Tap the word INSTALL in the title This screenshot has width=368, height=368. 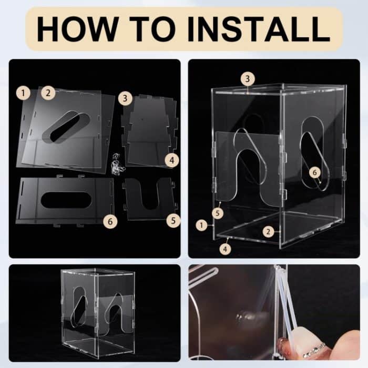tap(259, 29)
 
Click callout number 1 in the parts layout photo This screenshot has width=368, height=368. tap(23, 93)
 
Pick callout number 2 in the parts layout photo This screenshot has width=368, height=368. tap(48, 93)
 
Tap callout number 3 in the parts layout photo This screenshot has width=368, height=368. tap(125, 98)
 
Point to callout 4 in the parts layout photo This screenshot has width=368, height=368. tap(172, 160)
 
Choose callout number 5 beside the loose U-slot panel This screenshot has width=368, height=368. tap(173, 221)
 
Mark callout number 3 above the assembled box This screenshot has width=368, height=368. tap(248, 79)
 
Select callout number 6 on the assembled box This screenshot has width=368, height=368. tap(315, 173)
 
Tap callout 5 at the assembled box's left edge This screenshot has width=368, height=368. tap(218, 213)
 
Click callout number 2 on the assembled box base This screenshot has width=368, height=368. tap(269, 232)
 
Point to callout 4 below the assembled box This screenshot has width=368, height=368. tap(225, 249)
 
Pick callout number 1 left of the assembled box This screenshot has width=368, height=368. tap(201, 226)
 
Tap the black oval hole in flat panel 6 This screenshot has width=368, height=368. tap(66, 200)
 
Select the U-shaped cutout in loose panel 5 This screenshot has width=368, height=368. tap(151, 196)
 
